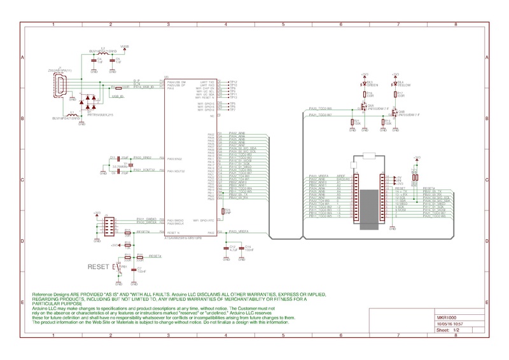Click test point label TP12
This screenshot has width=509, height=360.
[x=233, y=82]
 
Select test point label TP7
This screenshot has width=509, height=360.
[x=233, y=109]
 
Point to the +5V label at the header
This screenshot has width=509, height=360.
[x=398, y=176]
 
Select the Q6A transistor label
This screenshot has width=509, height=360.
[x=370, y=106]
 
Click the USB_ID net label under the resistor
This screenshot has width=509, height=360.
[x=117, y=97]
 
